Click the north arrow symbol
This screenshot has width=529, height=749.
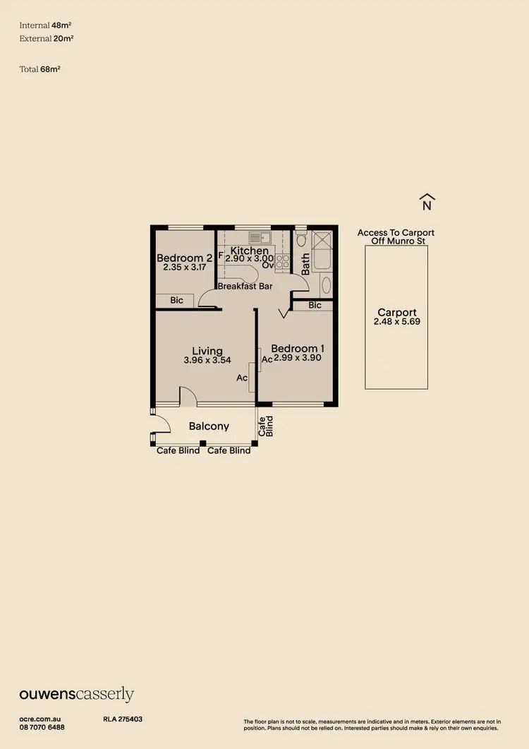point(426,202)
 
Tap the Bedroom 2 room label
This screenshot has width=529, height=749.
point(184,258)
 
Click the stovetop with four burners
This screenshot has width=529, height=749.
point(282,262)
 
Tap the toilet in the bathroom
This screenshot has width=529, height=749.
point(301,241)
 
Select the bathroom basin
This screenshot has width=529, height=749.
point(325,286)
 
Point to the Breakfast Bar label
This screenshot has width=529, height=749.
point(245,287)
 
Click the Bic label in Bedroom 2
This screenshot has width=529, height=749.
point(176,300)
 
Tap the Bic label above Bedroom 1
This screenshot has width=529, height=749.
point(315,305)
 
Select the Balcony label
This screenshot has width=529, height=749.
point(209,426)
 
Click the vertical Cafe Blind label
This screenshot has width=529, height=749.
point(264,426)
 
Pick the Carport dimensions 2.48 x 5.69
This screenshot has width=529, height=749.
point(396,322)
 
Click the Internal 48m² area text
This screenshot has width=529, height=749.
point(47,25)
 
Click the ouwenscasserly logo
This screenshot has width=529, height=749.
point(76,695)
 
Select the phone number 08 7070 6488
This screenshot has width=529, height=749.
point(42,727)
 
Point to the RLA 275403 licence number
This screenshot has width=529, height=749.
point(123,719)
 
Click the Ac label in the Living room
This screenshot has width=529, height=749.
point(242,378)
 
